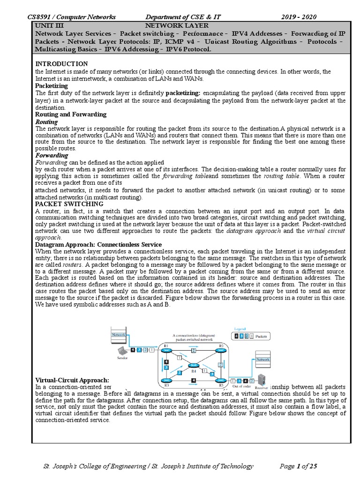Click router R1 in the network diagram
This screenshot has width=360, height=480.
point(165,349)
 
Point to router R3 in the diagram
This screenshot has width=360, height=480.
point(165,381)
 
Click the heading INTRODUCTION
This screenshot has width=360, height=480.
point(61,63)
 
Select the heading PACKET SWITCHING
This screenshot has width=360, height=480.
point(69,204)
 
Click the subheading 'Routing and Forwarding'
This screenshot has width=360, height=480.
point(71,114)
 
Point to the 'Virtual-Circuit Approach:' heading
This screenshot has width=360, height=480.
point(72,380)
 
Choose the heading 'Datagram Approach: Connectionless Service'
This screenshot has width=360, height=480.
point(98,245)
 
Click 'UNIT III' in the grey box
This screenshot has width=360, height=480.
point(49,25)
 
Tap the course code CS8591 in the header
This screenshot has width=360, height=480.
point(41,17)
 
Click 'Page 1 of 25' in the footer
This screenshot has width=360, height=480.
point(298,466)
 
